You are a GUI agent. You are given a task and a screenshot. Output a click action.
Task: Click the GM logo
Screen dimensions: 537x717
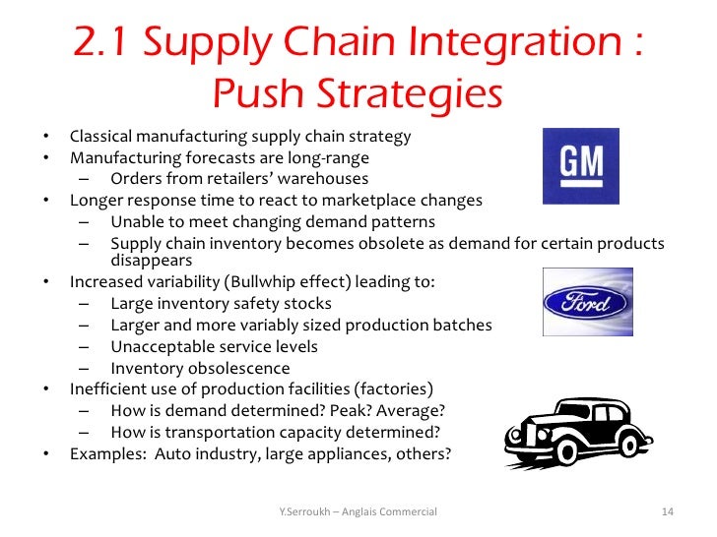tap(581, 164)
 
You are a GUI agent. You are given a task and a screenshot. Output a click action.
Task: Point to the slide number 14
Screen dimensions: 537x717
tap(667, 512)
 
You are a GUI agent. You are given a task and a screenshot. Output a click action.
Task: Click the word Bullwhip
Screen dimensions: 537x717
tap(258, 283)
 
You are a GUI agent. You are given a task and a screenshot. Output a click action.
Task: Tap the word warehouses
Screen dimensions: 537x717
tap(322, 179)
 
